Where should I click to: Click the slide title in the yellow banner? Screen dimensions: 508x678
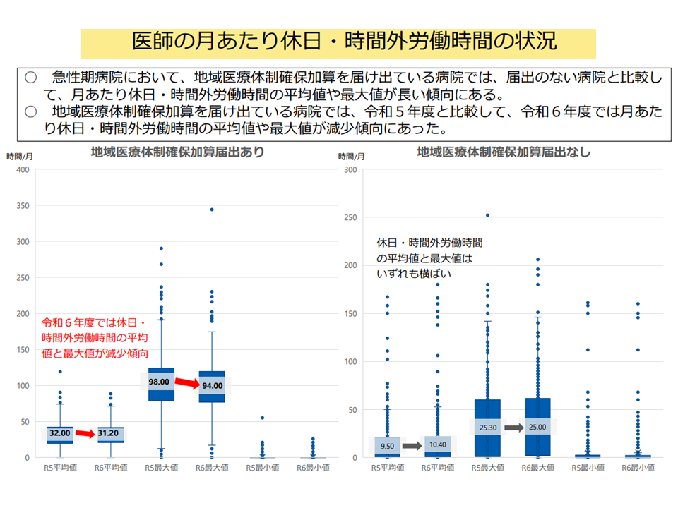pyautogui.click(x=338, y=41)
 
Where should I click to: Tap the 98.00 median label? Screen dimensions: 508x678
pyautogui.click(x=159, y=382)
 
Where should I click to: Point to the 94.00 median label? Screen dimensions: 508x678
pyautogui.click(x=212, y=386)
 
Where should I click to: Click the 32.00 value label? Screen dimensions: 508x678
pyautogui.click(x=60, y=433)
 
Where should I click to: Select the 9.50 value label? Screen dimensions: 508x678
pyautogui.click(x=386, y=446)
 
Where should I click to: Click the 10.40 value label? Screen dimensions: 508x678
pyautogui.click(x=439, y=445)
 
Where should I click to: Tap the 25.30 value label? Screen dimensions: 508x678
pyautogui.click(x=487, y=427)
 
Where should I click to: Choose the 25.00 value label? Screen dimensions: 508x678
pyautogui.click(x=537, y=427)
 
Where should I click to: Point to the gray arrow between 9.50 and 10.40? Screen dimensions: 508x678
pyautogui.click(x=412, y=446)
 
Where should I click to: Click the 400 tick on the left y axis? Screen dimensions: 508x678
pyautogui.click(x=22, y=169)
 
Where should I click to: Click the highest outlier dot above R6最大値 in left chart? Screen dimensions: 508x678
pyautogui.click(x=211, y=210)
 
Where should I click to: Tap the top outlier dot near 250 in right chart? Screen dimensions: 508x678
pyautogui.click(x=487, y=215)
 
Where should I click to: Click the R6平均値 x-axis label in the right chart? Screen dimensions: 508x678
pyautogui.click(x=437, y=468)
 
